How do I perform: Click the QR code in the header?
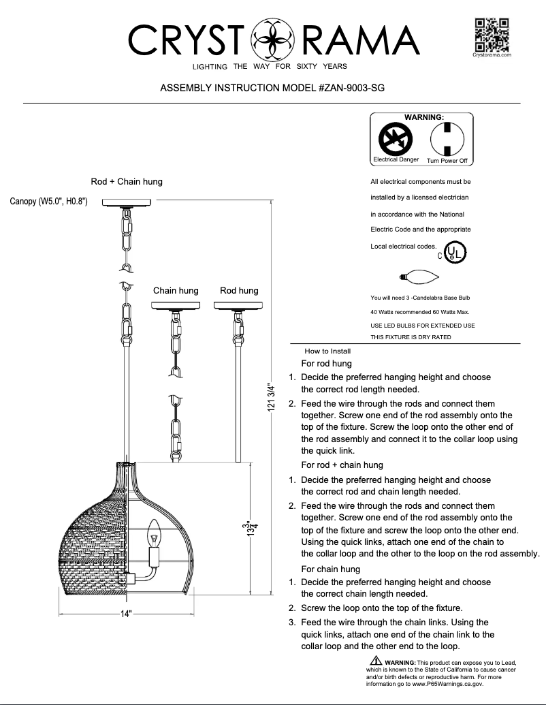(x=492, y=33)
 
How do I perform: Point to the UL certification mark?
(x=455, y=253)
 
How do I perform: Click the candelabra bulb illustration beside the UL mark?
(x=419, y=277)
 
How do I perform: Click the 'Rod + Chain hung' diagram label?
(x=127, y=182)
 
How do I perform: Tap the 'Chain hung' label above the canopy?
(x=176, y=291)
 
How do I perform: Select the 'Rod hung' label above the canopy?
(x=239, y=291)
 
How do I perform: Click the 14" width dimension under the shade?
(x=126, y=614)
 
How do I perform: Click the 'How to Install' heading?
(x=327, y=351)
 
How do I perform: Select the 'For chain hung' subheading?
(x=330, y=569)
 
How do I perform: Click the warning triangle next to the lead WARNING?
(x=376, y=661)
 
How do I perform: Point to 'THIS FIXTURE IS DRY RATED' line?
(x=411, y=337)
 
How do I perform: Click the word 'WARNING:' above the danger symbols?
(x=423, y=117)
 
